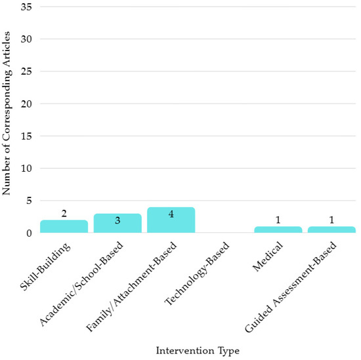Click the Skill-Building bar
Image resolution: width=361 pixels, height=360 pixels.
[64, 227]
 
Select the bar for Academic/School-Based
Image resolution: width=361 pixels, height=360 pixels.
[117, 224]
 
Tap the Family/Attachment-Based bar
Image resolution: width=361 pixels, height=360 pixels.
[171, 220]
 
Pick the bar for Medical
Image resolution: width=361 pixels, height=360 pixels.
[278, 230]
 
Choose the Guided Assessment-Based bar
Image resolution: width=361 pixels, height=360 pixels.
[331, 230]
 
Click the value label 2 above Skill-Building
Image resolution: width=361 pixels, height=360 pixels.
[64, 214]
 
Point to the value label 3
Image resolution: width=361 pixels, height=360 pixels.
[117, 220]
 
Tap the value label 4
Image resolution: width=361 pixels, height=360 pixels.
[171, 214]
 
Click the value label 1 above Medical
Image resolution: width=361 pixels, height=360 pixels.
[278, 220]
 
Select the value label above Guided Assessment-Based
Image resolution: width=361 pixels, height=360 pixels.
[331, 220]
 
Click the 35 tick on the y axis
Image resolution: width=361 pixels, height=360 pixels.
[26, 7]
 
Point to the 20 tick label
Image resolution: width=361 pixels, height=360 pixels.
[26, 104]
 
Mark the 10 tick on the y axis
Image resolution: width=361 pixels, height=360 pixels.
[26, 169]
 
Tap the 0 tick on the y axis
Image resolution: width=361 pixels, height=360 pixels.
[29, 233]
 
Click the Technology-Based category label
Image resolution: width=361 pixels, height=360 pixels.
[197, 273]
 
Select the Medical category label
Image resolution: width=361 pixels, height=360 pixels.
[268, 256]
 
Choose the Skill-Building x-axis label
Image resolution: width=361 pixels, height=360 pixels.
[45, 266]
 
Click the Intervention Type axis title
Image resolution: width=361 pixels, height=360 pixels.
[198, 351]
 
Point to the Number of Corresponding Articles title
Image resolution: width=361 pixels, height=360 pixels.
[7, 113]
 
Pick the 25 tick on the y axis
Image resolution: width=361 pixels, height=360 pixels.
[26, 71]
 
